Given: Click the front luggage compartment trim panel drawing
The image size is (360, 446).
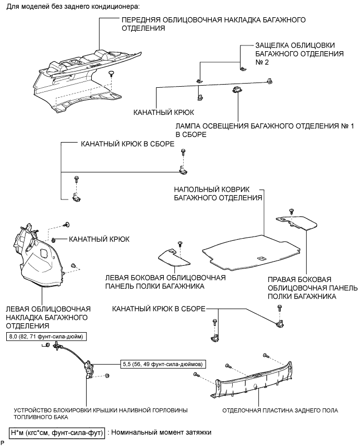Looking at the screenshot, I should pyautogui.click(x=78, y=78).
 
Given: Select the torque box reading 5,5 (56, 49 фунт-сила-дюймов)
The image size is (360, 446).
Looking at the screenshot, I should pyautogui.click(x=162, y=363).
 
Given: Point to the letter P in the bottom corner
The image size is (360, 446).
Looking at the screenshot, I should pyautogui.click(x=3, y=442).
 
